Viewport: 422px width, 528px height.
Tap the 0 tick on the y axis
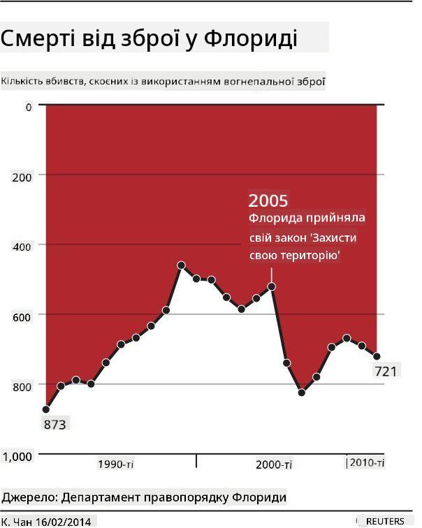pyautogui.click(x=29, y=107)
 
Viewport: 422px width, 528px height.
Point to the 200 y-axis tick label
pyautogui.click(x=22, y=177)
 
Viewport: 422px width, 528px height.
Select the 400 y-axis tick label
pyautogui.click(x=22, y=247)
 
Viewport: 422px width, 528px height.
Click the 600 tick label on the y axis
pyautogui.click(x=22, y=317)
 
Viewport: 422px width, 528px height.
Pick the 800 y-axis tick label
pyautogui.click(x=22, y=387)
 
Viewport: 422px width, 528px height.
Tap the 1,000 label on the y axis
pyautogui.click(x=17, y=457)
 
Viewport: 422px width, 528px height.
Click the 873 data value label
pyautogui.click(x=55, y=425)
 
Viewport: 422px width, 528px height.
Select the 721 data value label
pyautogui.click(x=386, y=372)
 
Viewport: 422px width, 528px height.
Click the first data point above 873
pyautogui.click(x=46, y=409)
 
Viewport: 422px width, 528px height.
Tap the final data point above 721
pyautogui.click(x=377, y=356)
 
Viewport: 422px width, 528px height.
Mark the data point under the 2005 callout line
pyautogui.click(x=272, y=286)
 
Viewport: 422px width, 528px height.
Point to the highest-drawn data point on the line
pyautogui.click(x=181, y=265)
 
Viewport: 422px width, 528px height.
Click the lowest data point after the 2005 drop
pyautogui.click(x=302, y=393)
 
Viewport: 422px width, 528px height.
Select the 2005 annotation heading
pyautogui.click(x=268, y=200)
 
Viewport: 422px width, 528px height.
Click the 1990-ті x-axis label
pyautogui.click(x=115, y=464)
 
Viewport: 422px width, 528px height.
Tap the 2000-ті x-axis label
pyautogui.click(x=274, y=465)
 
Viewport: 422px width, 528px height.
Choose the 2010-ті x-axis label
pyautogui.click(x=367, y=462)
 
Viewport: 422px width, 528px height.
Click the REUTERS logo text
pyautogui.click(x=385, y=521)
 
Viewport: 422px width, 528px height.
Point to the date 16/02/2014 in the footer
pyautogui.click(x=64, y=522)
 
